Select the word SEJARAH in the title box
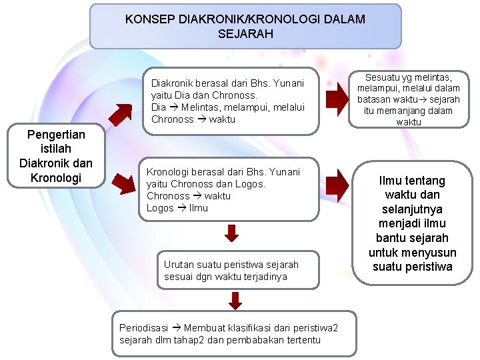click(245, 33)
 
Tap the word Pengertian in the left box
click(55, 135)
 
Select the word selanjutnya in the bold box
click(412, 209)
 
